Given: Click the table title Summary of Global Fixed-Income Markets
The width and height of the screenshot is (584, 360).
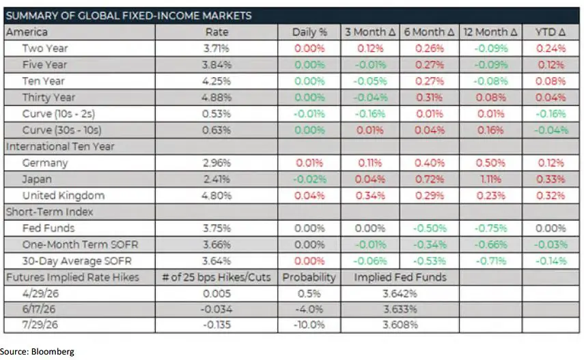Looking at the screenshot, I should [x=129, y=16].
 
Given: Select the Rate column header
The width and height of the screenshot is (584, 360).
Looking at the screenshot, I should [x=217, y=32].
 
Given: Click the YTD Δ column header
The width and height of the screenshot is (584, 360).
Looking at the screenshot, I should [x=550, y=32].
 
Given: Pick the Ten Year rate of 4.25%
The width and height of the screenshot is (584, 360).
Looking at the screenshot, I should [x=217, y=81].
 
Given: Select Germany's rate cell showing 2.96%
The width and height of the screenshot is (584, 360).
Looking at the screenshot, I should [x=217, y=163].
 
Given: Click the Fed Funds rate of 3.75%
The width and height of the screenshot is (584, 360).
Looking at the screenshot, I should [x=217, y=228].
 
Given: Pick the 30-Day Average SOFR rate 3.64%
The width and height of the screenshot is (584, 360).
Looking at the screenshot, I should [x=217, y=260].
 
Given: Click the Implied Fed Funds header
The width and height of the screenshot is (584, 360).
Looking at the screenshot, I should [x=400, y=277].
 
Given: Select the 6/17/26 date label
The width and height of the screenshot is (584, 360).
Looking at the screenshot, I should [x=39, y=309].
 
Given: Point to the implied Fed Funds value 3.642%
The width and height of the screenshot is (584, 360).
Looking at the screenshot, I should [x=400, y=293].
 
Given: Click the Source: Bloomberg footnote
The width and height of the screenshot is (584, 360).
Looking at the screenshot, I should [x=38, y=352].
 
